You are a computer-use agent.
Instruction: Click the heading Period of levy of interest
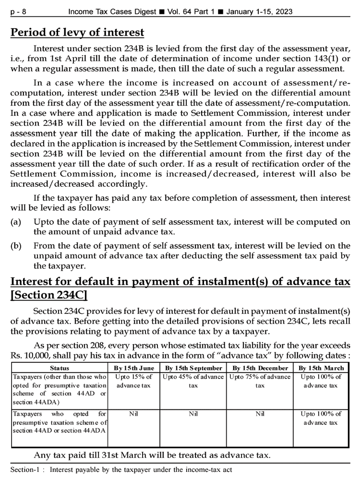[77, 33]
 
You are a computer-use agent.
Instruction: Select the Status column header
[60, 368]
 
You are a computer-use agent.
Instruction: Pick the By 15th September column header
[193, 368]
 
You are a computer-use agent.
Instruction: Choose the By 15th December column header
[260, 368]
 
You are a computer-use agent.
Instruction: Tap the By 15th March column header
[321, 368]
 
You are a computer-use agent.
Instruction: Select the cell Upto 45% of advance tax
[193, 381]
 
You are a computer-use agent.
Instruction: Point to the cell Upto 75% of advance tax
[260, 381]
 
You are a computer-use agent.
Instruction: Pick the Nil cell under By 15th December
[260, 414]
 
